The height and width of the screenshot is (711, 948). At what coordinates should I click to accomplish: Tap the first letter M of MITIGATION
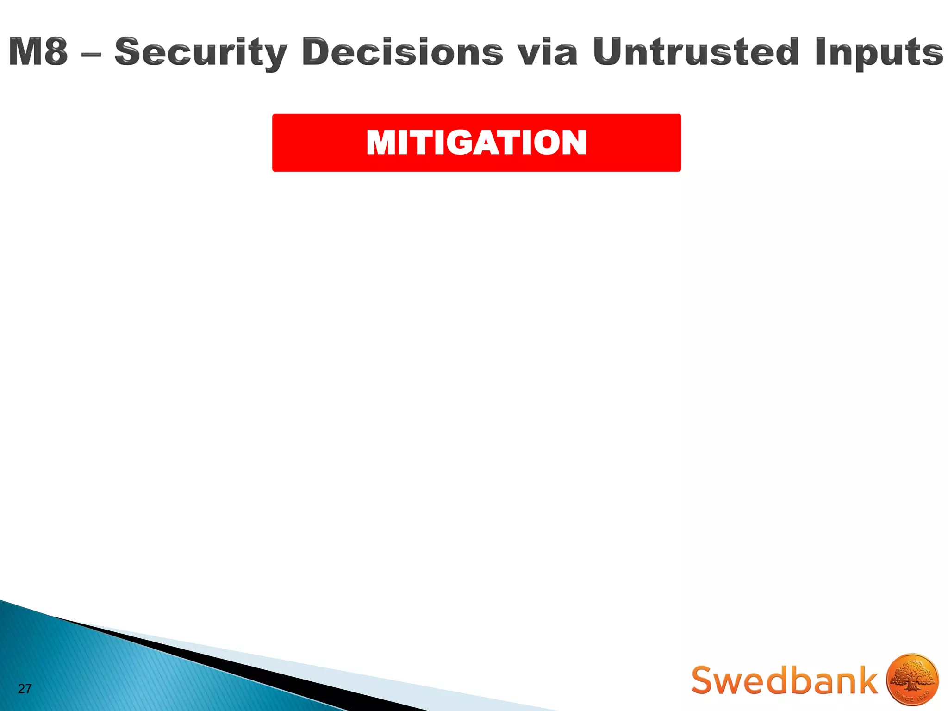coord(382,142)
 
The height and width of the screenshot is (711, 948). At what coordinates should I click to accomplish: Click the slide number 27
coord(25,689)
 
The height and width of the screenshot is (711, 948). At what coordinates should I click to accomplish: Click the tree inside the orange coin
coord(911,677)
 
